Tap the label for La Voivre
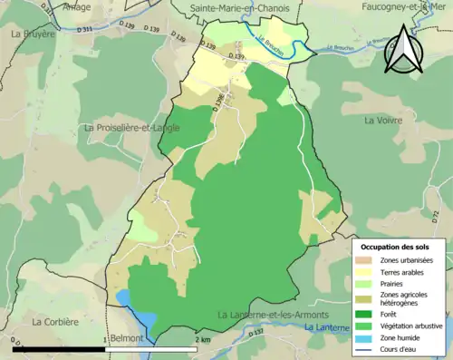pos(382,120)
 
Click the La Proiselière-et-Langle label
pos(131,128)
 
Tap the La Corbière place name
pos(56,321)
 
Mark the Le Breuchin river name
pos(271,46)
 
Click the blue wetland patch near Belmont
pos(123,298)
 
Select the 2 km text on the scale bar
pos(204,339)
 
